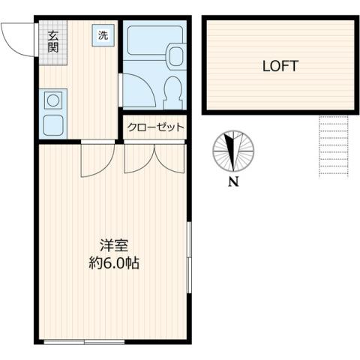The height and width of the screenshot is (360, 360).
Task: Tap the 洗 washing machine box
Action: (101, 34)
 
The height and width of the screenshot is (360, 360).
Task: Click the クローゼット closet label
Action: (155, 128)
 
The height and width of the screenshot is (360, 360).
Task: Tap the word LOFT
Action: (279, 65)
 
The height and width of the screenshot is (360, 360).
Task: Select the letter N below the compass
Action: (234, 182)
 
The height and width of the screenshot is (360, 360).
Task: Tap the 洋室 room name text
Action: (115, 245)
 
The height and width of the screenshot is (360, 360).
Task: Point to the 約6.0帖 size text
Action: (114, 263)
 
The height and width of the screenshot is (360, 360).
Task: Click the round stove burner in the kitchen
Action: (53, 98)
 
